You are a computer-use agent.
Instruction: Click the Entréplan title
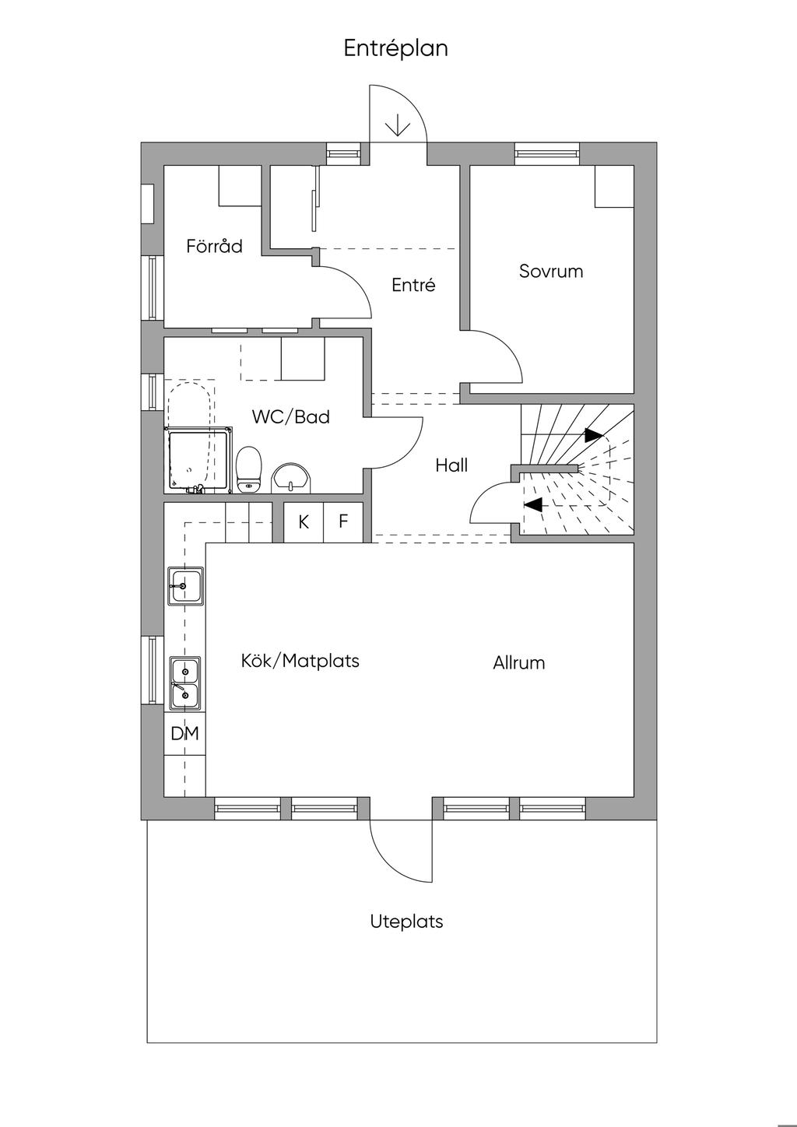[x=396, y=49]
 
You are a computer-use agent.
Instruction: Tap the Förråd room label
[x=214, y=246]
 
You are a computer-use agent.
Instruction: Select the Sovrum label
[x=551, y=272]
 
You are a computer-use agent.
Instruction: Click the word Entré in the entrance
[x=413, y=285]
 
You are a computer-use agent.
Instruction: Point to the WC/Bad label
[x=291, y=416]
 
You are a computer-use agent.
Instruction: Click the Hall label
[x=451, y=465]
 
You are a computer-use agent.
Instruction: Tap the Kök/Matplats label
[x=300, y=661]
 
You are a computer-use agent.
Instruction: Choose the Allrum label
[x=519, y=662]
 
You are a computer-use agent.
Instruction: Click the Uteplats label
[x=406, y=922]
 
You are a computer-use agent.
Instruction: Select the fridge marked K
[x=304, y=522]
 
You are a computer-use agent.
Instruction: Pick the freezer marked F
[x=343, y=522]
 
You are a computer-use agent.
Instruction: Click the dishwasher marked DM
[x=184, y=733]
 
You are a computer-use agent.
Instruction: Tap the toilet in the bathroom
[x=248, y=469]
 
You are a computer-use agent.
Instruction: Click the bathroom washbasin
[x=291, y=478]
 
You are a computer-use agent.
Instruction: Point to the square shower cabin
[x=198, y=459]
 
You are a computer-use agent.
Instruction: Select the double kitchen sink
[x=185, y=683]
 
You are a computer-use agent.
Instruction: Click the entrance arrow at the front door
[x=398, y=125]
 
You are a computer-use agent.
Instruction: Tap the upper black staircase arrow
[x=594, y=435]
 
